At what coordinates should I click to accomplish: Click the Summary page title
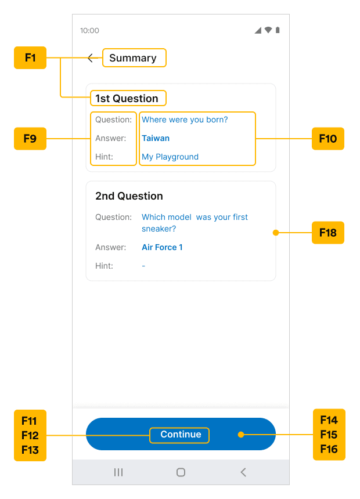pos(133,58)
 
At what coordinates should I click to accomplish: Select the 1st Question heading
pos(127,98)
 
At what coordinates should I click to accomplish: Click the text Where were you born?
pos(185,120)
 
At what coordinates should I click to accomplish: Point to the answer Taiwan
pos(156,138)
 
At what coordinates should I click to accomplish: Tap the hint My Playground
pos(170,157)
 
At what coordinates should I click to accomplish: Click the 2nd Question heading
pos(129,196)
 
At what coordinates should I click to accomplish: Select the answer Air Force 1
pos(162,247)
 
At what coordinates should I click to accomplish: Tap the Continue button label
pos(181,435)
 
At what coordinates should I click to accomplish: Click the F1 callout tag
pos(30,57)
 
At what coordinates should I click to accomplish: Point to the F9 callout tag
pos(30,139)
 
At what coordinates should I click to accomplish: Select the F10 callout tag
pos(328,139)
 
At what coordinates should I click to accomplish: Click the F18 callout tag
pos(328,233)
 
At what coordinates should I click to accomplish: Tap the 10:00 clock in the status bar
pos(89,31)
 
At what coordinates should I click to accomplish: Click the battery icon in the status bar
pos(278,30)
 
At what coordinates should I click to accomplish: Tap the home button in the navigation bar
pos(181,472)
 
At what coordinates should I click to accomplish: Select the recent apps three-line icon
pos(118,472)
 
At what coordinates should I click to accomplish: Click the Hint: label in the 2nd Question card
pos(104,266)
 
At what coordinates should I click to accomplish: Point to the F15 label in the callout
pos(329,435)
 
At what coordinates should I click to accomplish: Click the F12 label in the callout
pos(30,435)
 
